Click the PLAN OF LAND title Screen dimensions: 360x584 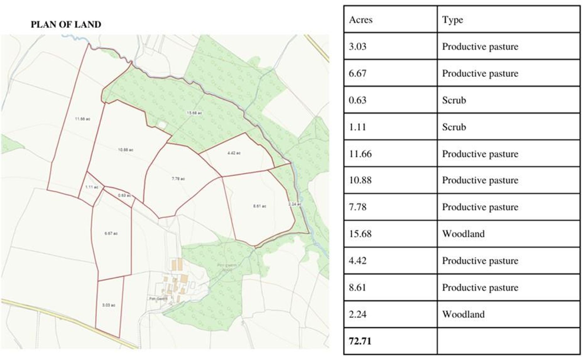pos(66,25)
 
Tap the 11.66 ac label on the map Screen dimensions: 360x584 pos(83,119)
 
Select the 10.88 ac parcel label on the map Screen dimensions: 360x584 pos(126,150)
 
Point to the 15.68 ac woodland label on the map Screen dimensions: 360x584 pos(194,113)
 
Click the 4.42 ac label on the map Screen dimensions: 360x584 pos(234,153)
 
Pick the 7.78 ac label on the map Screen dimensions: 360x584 pos(178,179)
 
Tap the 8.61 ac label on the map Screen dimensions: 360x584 pos(260,206)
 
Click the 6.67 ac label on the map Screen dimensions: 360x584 pos(111,234)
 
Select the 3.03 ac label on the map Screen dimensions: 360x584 pos(109,305)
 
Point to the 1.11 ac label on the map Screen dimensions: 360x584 pos(92,187)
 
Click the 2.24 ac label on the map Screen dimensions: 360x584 pos(294,204)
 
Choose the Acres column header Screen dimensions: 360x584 pos(361,20)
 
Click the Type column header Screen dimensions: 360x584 pos(452,20)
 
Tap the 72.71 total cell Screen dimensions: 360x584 pos(360,341)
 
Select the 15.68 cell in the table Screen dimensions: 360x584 pos(360,234)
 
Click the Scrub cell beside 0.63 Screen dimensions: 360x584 pos(454,100)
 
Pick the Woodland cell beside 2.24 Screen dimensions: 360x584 pos(463,314)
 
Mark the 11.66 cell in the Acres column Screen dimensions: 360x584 pos(360,154)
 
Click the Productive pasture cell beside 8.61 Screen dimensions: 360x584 pos(480,288)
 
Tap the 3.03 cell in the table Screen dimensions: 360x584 pos(357,47)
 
